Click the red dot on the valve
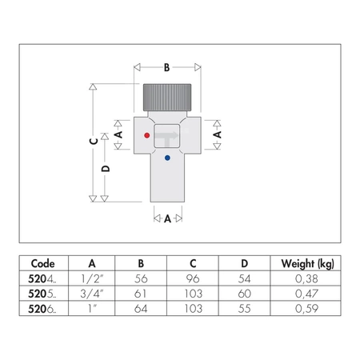click(x=146, y=137)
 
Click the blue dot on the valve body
click(x=166, y=158)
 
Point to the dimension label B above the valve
click(x=166, y=68)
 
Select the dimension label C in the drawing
click(x=93, y=141)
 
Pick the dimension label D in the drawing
click(x=106, y=170)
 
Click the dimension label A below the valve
click(x=167, y=218)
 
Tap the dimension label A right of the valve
click(x=217, y=137)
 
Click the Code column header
click(x=43, y=263)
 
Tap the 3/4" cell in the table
click(x=92, y=293)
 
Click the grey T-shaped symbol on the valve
click(x=167, y=138)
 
